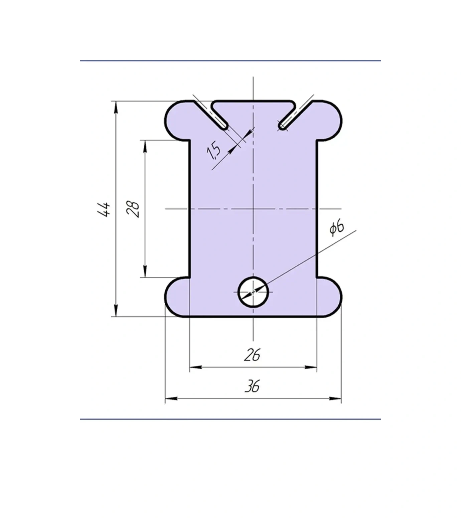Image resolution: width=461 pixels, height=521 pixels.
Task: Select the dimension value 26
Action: (x=252, y=355)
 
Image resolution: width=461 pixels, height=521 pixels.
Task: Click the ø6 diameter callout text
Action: (x=337, y=228)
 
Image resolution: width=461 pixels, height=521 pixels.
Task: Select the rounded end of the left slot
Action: (x=224, y=126)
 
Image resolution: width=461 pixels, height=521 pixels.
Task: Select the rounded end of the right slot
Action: (x=283, y=126)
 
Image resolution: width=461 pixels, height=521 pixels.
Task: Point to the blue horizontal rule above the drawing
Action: (x=230, y=61)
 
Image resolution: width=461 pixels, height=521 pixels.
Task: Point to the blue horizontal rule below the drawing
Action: (x=230, y=419)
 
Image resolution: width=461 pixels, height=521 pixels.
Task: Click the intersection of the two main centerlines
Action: (x=253, y=209)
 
